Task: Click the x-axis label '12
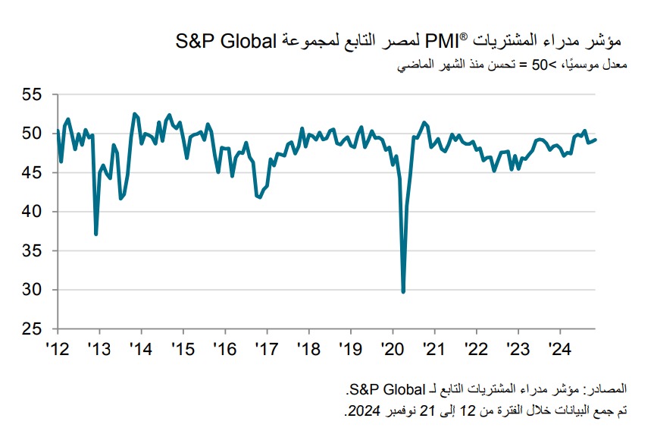pyautogui.click(x=58, y=349)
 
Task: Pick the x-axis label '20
pyautogui.click(x=392, y=349)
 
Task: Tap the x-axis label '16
pyautogui.click(x=225, y=349)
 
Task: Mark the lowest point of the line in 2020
pyautogui.click(x=403, y=291)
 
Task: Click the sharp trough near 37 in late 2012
pyautogui.click(x=95, y=234)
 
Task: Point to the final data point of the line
pyautogui.click(x=596, y=140)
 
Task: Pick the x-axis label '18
pyautogui.click(x=308, y=349)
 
